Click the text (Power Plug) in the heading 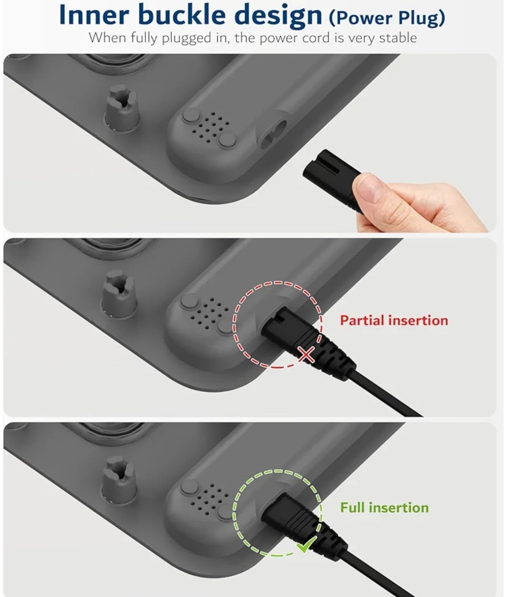pos(387,18)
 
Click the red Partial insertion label pos(394,321)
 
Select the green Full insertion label pos(384,507)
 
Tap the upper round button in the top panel pos(191,116)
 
